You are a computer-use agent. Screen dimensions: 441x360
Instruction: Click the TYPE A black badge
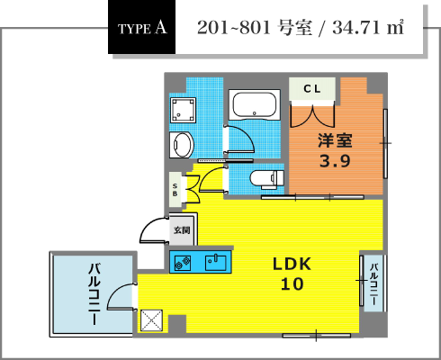coord(141,27)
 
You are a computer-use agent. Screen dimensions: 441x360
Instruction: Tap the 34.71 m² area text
coord(368,28)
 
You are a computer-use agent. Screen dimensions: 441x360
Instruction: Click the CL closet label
coord(312,89)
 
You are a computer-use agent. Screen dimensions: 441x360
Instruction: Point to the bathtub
coord(255,104)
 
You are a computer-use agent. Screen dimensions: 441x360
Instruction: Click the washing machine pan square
coord(183,110)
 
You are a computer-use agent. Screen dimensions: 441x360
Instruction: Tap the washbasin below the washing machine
coord(182,145)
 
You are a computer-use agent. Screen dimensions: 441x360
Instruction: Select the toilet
coord(267,179)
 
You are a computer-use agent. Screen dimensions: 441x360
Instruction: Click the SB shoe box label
coord(175,190)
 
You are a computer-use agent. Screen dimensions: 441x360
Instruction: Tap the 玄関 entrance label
coord(182,230)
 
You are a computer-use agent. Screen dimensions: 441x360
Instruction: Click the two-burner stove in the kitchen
coord(183,262)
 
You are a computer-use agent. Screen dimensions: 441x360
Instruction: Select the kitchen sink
coord(216,262)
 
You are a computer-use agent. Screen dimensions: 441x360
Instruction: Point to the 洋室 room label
coord(335,140)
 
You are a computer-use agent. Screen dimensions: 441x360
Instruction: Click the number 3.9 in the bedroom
coord(335,161)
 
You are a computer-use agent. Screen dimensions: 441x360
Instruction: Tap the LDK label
coord(292,264)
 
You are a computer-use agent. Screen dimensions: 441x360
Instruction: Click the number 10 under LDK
coord(292,283)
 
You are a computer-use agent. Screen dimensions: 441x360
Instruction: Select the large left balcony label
coord(94,294)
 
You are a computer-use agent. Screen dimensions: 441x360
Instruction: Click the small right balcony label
coord(373,283)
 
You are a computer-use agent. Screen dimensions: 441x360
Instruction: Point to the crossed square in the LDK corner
coord(152,320)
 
